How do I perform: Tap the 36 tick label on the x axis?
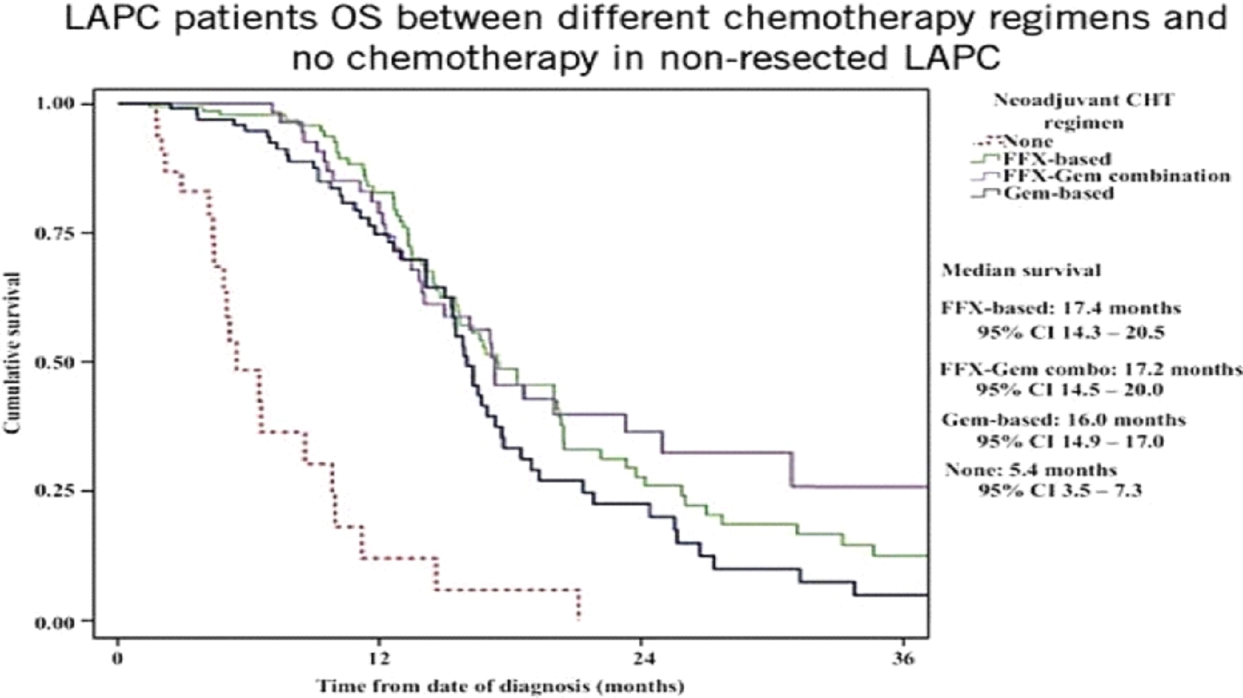point(904,660)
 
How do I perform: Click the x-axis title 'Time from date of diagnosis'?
point(500,686)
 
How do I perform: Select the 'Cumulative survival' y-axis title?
point(12,354)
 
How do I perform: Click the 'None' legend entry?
point(1028,141)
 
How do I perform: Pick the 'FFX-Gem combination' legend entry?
point(1116,176)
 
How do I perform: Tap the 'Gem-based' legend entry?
point(1058,193)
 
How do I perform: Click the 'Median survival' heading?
point(1021,271)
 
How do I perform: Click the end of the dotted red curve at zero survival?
point(579,620)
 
